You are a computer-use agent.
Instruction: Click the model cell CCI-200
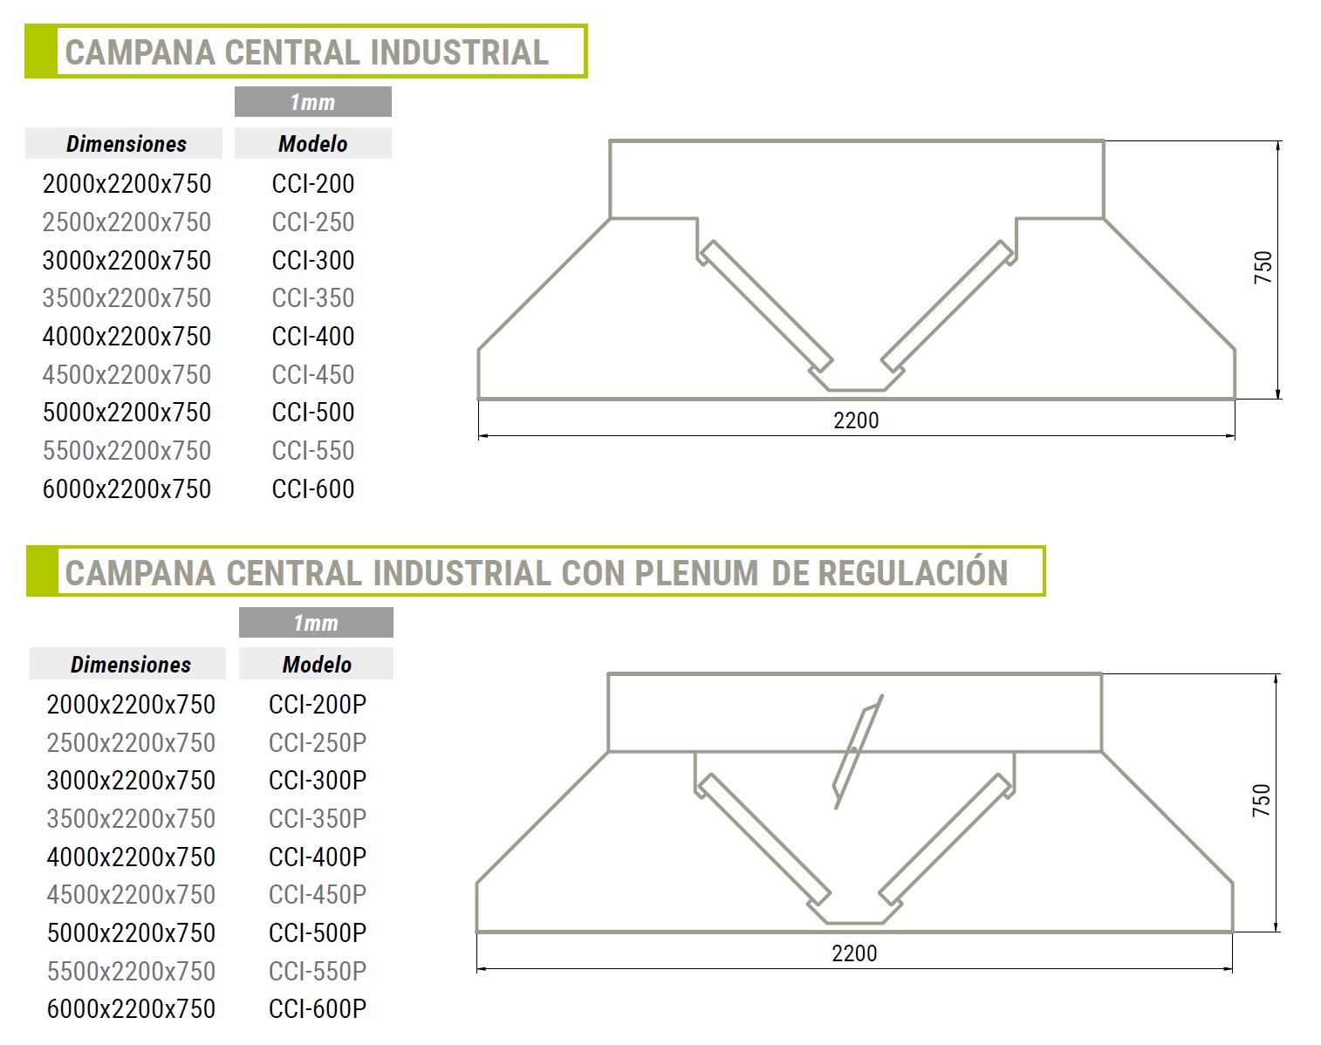click(313, 183)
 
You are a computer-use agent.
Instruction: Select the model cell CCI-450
click(313, 374)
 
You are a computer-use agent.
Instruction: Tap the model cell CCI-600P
click(318, 1008)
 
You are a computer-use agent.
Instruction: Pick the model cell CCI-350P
click(318, 818)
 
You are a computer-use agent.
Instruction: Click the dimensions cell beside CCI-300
click(127, 260)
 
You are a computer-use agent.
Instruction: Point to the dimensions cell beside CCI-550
click(127, 450)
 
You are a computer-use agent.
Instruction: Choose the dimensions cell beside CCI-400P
click(131, 857)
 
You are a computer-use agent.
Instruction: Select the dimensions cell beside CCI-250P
click(131, 742)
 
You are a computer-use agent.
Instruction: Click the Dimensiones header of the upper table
click(127, 144)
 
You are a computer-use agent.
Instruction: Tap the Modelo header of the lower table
click(317, 664)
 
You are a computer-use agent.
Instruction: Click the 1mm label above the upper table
click(312, 102)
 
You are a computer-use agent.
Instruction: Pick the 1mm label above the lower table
click(316, 623)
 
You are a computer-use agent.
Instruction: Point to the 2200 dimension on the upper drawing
click(856, 420)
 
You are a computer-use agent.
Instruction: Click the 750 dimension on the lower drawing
click(1262, 800)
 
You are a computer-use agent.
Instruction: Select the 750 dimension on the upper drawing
click(1263, 268)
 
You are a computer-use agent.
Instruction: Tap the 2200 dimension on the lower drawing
click(854, 953)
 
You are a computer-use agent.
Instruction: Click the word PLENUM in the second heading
click(696, 573)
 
